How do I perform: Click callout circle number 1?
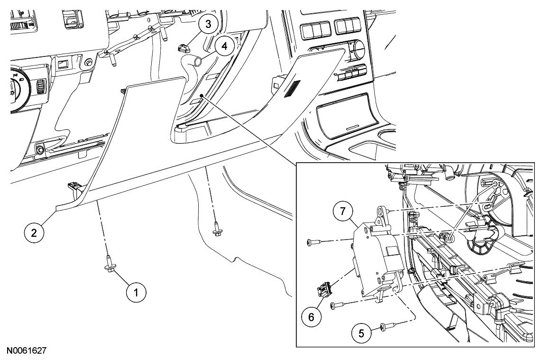coord(136,292)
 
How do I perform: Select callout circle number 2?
coord(34,232)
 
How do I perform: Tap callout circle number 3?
coord(208,24)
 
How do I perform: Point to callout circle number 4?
coord(224,46)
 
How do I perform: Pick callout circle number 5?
coord(361,332)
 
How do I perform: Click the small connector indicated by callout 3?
coord(183,47)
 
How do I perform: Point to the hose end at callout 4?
coord(197,61)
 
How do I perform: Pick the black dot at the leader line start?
coord(202,95)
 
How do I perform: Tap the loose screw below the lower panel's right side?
coord(216,231)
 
